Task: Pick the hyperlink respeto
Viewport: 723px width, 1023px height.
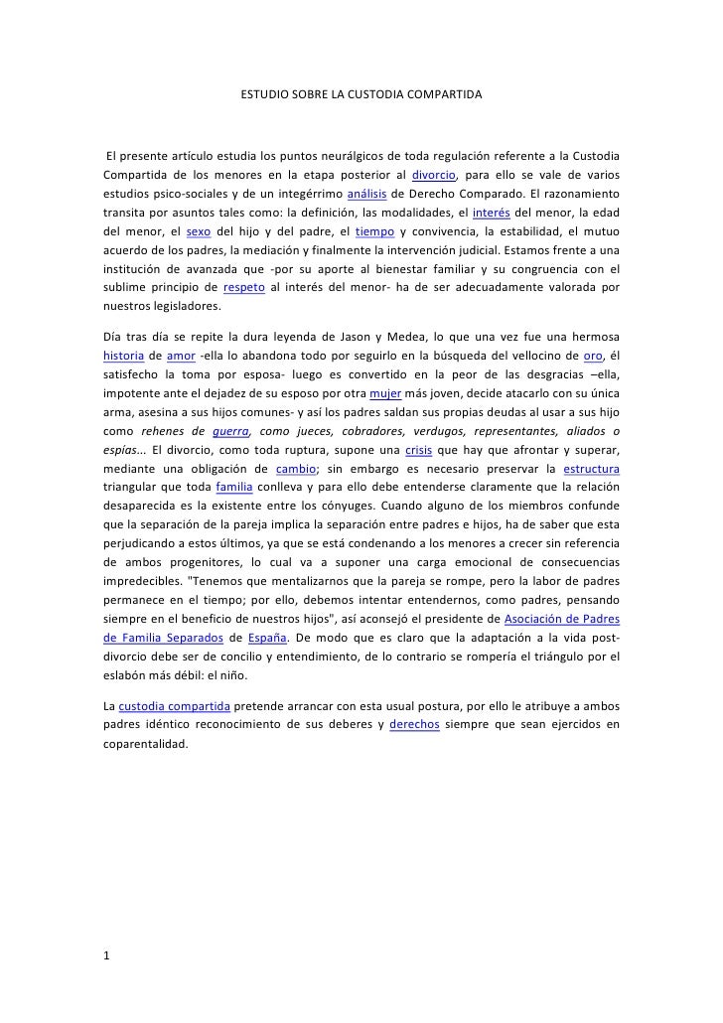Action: point(243,288)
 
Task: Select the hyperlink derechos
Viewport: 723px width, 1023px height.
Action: point(421,724)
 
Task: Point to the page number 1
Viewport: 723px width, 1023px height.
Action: point(106,955)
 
